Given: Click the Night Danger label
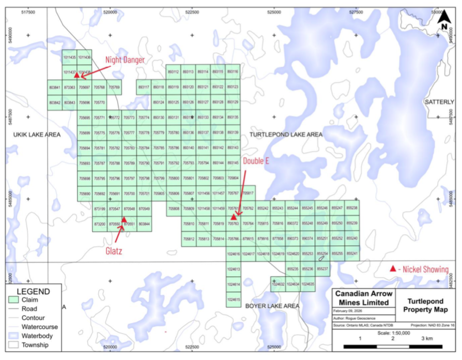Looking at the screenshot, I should [125, 59].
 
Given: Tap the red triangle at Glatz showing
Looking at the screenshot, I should [124, 220].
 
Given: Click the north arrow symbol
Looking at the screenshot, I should [444, 20].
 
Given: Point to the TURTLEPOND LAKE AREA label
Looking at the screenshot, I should [286, 134].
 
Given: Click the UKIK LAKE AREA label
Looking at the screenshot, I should [37, 134].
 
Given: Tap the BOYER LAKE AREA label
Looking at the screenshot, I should [272, 306].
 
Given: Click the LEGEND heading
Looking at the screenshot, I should [33, 291].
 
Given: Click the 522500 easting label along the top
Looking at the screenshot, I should [193, 11].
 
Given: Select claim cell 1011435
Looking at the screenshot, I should [69, 57].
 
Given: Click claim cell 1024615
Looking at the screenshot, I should [234, 299].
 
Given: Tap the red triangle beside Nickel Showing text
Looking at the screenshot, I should [393, 268].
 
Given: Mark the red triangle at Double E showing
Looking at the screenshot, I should [234, 218].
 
